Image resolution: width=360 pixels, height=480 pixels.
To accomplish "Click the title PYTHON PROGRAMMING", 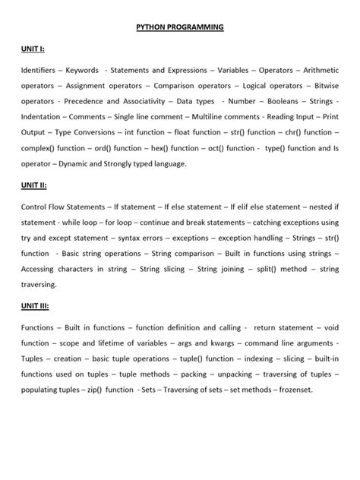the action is point(180,27).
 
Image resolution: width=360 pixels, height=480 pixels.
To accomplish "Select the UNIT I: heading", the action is point(33,49).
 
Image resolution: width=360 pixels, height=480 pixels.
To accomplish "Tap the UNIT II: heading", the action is point(34,184).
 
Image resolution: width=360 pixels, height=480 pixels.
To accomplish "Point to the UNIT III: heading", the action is point(36,305).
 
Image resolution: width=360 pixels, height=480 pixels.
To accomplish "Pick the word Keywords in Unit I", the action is point(82,71).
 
